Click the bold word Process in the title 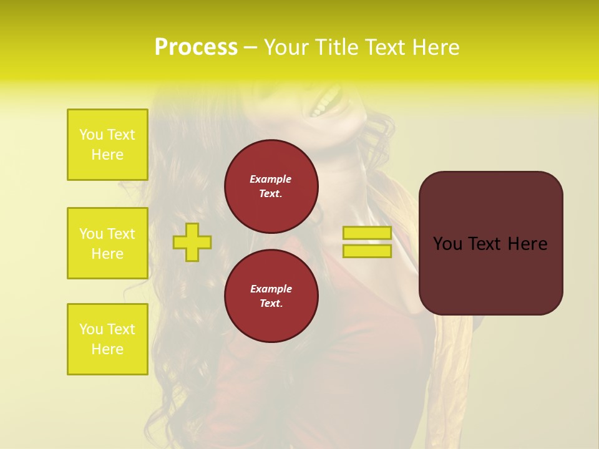point(196,47)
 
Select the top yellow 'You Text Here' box point(107,145)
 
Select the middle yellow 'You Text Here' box point(107,243)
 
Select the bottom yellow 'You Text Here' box point(107,339)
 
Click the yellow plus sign point(192,242)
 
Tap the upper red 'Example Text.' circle point(271,186)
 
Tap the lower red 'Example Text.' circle point(271,296)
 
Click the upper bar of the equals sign point(367,233)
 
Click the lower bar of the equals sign point(367,251)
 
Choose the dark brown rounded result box point(490,274)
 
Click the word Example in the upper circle point(271,180)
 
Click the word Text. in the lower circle point(271,304)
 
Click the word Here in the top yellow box point(107,155)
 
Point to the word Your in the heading point(286,47)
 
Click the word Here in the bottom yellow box point(107,349)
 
